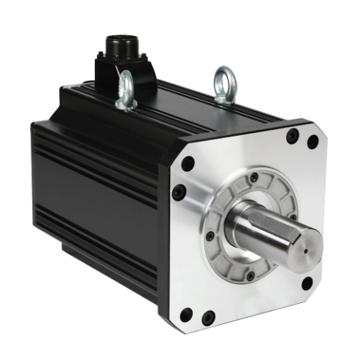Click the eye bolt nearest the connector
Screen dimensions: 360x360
click(126, 91)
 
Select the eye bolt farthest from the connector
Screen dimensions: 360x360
click(223, 84)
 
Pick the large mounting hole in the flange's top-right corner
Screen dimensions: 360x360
click(313, 142)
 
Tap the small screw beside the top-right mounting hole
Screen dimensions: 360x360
click(293, 135)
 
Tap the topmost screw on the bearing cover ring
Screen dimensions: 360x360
click(253, 177)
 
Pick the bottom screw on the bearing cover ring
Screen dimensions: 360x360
click(250, 275)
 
